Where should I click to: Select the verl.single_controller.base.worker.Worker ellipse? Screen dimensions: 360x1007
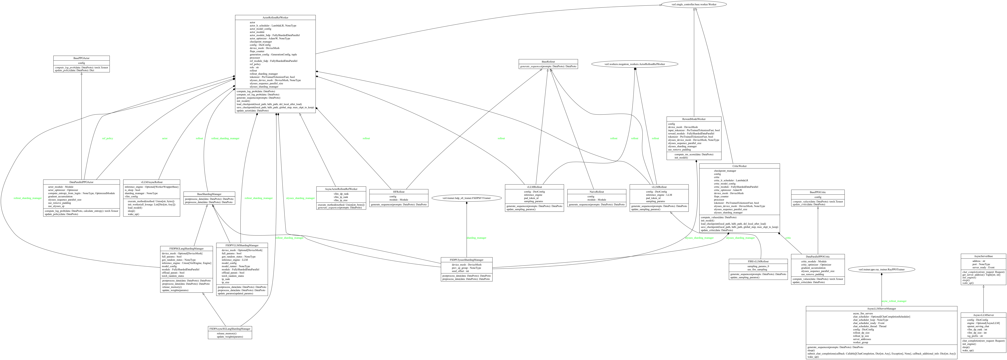click(x=693, y=4)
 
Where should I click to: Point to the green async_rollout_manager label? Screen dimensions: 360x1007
click(x=894, y=301)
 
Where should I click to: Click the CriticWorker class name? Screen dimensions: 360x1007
click(x=739, y=166)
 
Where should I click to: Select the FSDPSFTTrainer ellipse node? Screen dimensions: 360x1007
click(x=466, y=198)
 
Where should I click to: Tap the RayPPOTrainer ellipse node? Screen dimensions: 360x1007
click(x=881, y=269)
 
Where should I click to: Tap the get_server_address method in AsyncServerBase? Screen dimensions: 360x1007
click(x=980, y=275)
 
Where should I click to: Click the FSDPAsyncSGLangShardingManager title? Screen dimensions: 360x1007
click(x=230, y=329)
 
